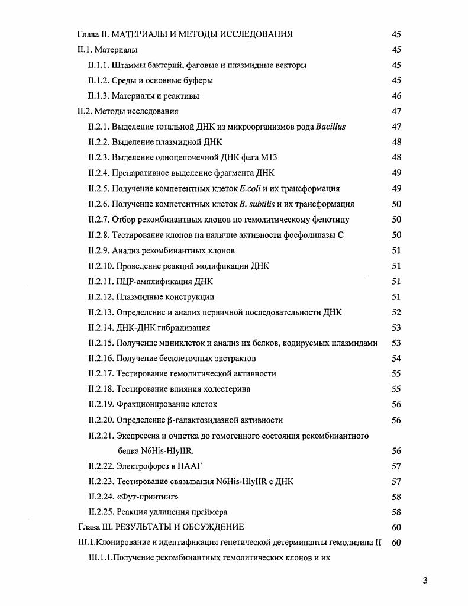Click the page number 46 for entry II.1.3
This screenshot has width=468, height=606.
tap(396, 96)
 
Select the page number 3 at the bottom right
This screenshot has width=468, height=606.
tap(425, 580)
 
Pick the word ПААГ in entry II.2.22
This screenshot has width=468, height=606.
tap(192, 466)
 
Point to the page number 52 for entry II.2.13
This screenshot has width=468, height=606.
tap(396, 312)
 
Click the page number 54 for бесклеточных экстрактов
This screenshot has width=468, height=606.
tap(396, 358)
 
